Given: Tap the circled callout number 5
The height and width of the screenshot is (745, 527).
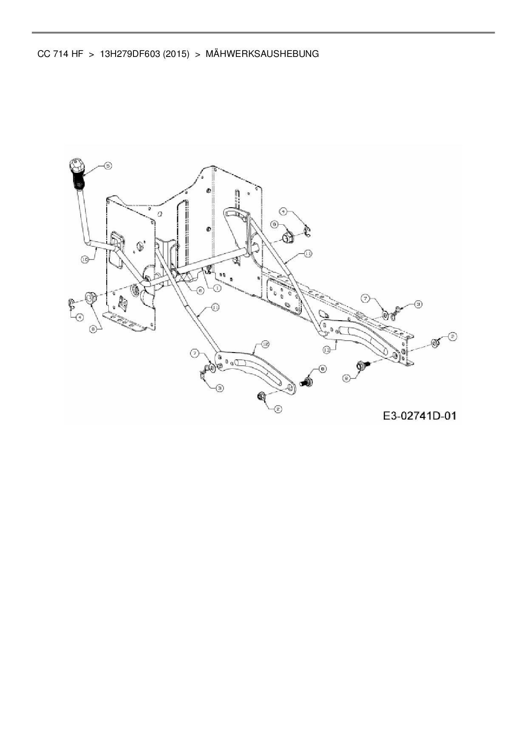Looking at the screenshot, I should (x=108, y=166).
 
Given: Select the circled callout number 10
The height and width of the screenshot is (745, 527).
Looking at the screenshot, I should (x=85, y=259).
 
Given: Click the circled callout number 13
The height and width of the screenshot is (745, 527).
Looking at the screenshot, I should (x=327, y=350).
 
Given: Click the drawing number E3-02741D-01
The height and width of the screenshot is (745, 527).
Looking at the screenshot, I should (x=419, y=416).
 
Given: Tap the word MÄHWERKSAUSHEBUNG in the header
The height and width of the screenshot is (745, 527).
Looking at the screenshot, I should (x=262, y=54).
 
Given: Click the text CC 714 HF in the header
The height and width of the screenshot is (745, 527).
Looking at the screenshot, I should (x=60, y=54).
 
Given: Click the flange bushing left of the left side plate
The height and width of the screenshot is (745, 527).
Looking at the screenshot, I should (x=90, y=297).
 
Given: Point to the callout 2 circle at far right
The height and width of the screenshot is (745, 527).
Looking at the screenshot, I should (x=453, y=337).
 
